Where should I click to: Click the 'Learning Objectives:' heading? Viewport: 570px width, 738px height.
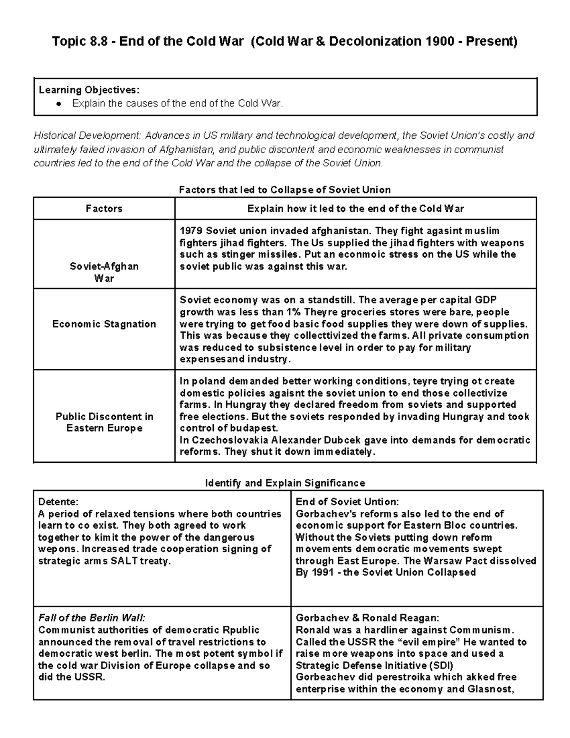point(89,90)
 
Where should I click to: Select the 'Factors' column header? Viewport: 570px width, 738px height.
point(104,209)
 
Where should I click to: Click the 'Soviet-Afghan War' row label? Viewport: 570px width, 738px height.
point(104,272)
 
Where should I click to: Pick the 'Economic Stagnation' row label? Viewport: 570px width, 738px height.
point(104,324)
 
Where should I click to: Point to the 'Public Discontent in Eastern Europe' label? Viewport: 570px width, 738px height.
point(104,422)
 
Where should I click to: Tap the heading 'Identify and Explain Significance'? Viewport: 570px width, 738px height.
point(285,483)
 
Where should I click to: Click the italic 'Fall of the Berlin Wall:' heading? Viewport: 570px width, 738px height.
point(92,618)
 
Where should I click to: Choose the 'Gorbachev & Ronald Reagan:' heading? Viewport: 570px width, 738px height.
point(367,618)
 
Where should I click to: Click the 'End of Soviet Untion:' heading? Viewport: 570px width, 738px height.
point(347,502)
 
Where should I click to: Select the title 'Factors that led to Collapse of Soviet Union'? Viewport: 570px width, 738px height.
point(285,190)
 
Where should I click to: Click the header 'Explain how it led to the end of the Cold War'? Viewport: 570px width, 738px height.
point(355,209)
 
